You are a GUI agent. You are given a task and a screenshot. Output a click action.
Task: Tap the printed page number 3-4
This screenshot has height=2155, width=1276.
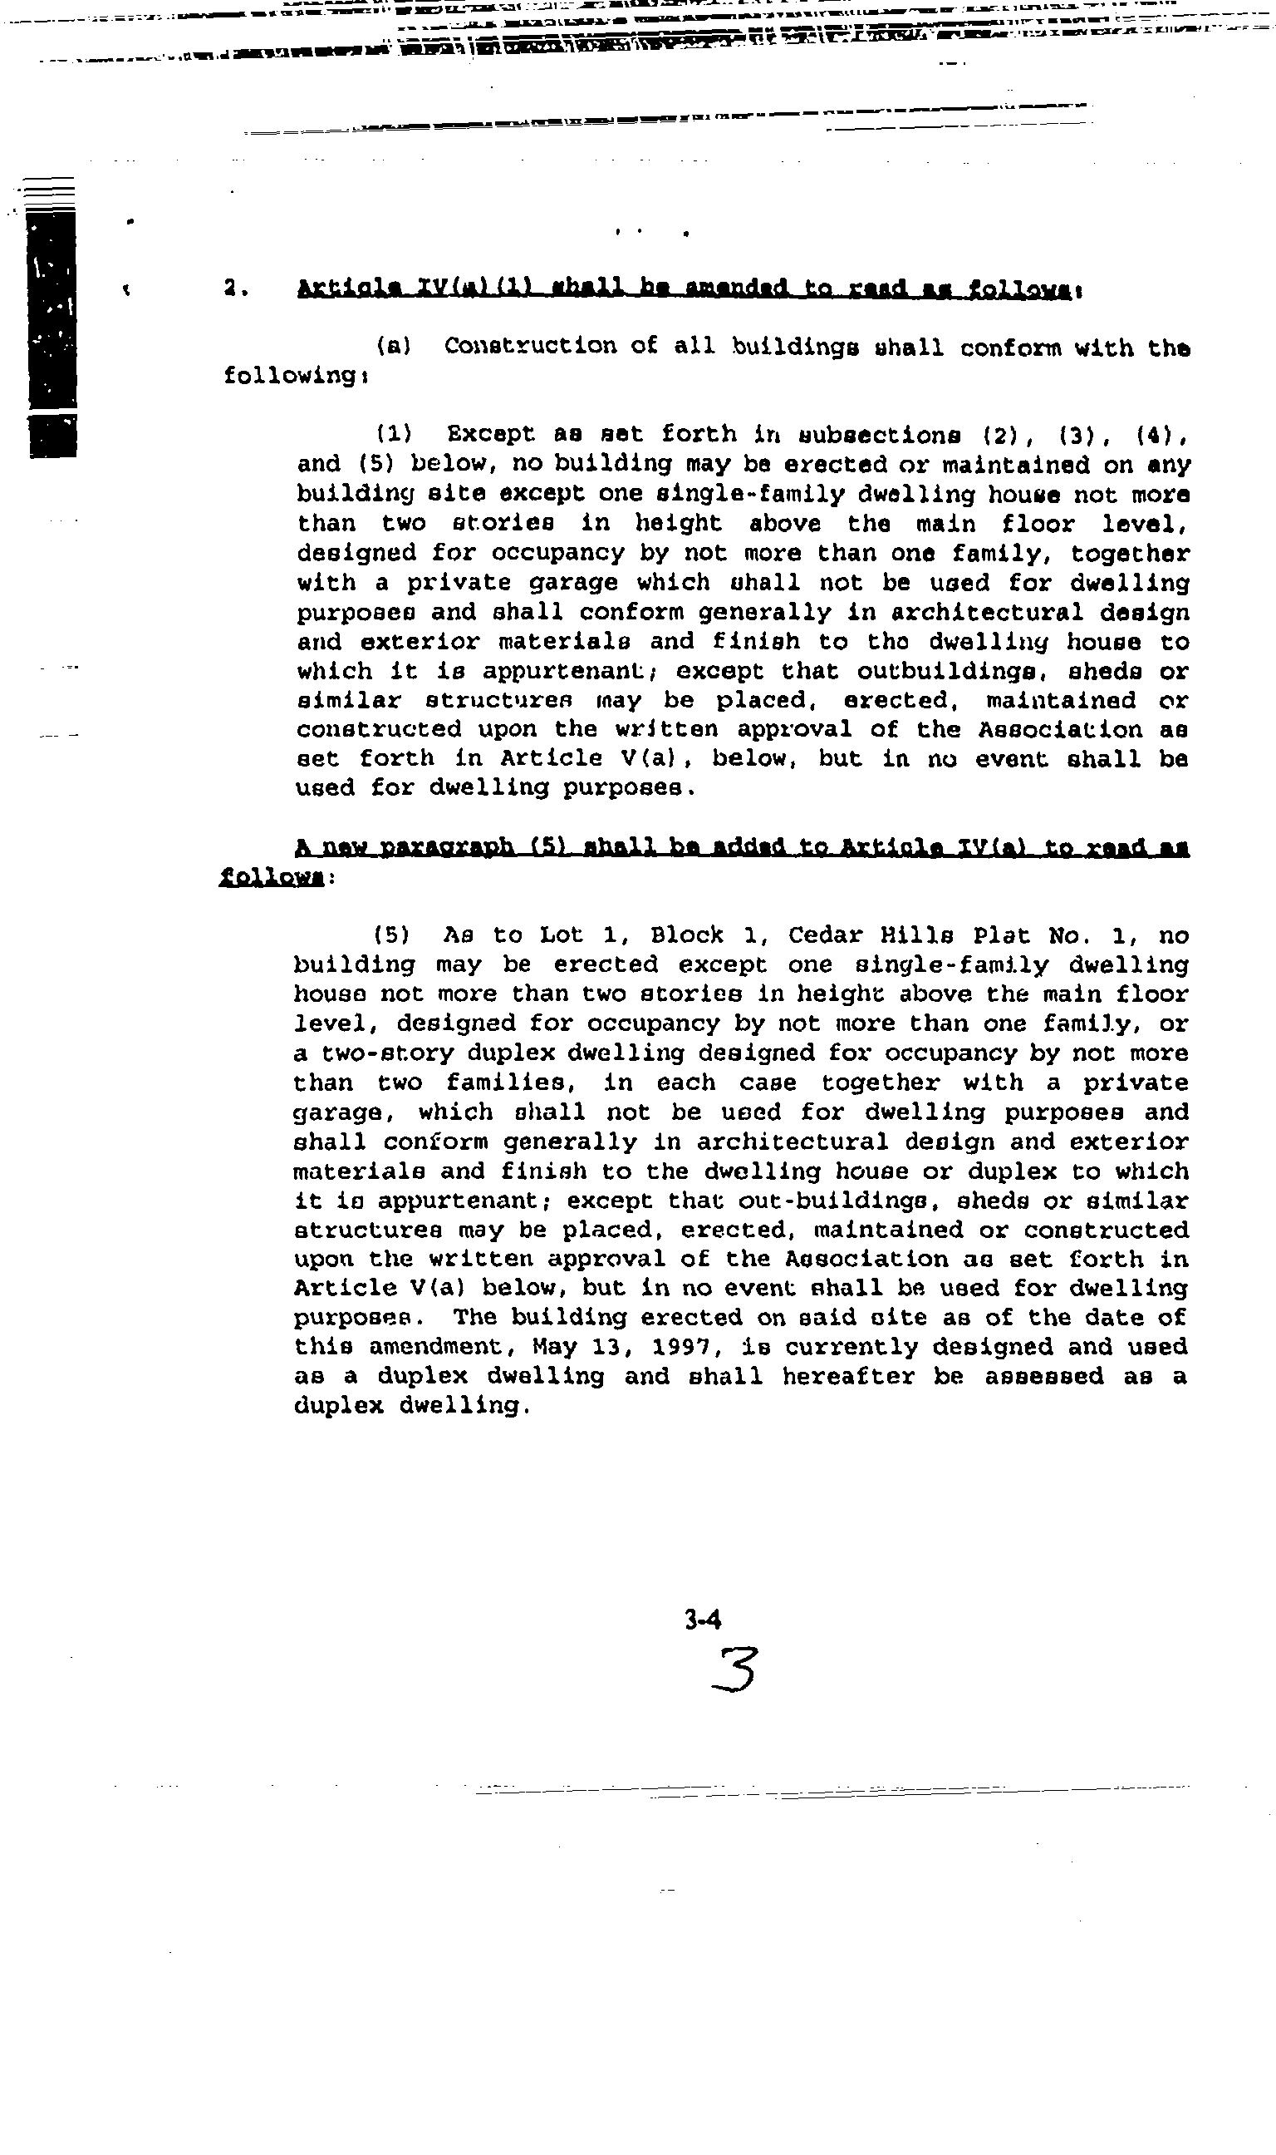(703, 1620)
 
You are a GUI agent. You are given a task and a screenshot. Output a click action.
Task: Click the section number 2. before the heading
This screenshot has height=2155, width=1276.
(235, 290)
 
